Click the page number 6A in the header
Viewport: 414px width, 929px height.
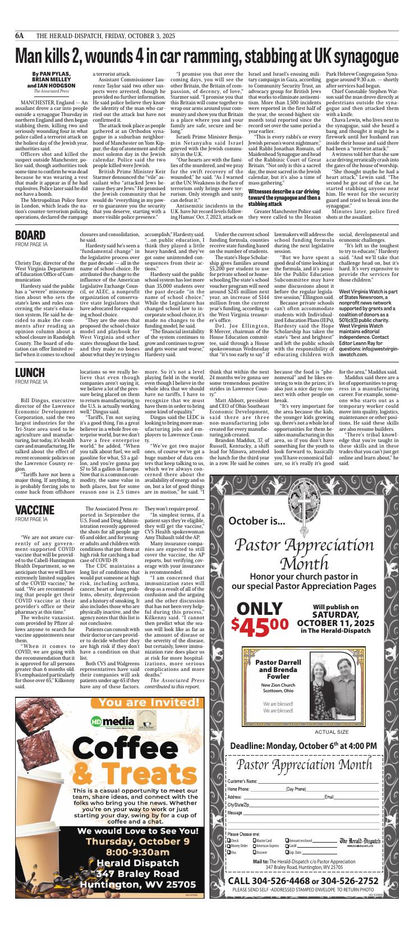pyautogui.click(x=20, y=35)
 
